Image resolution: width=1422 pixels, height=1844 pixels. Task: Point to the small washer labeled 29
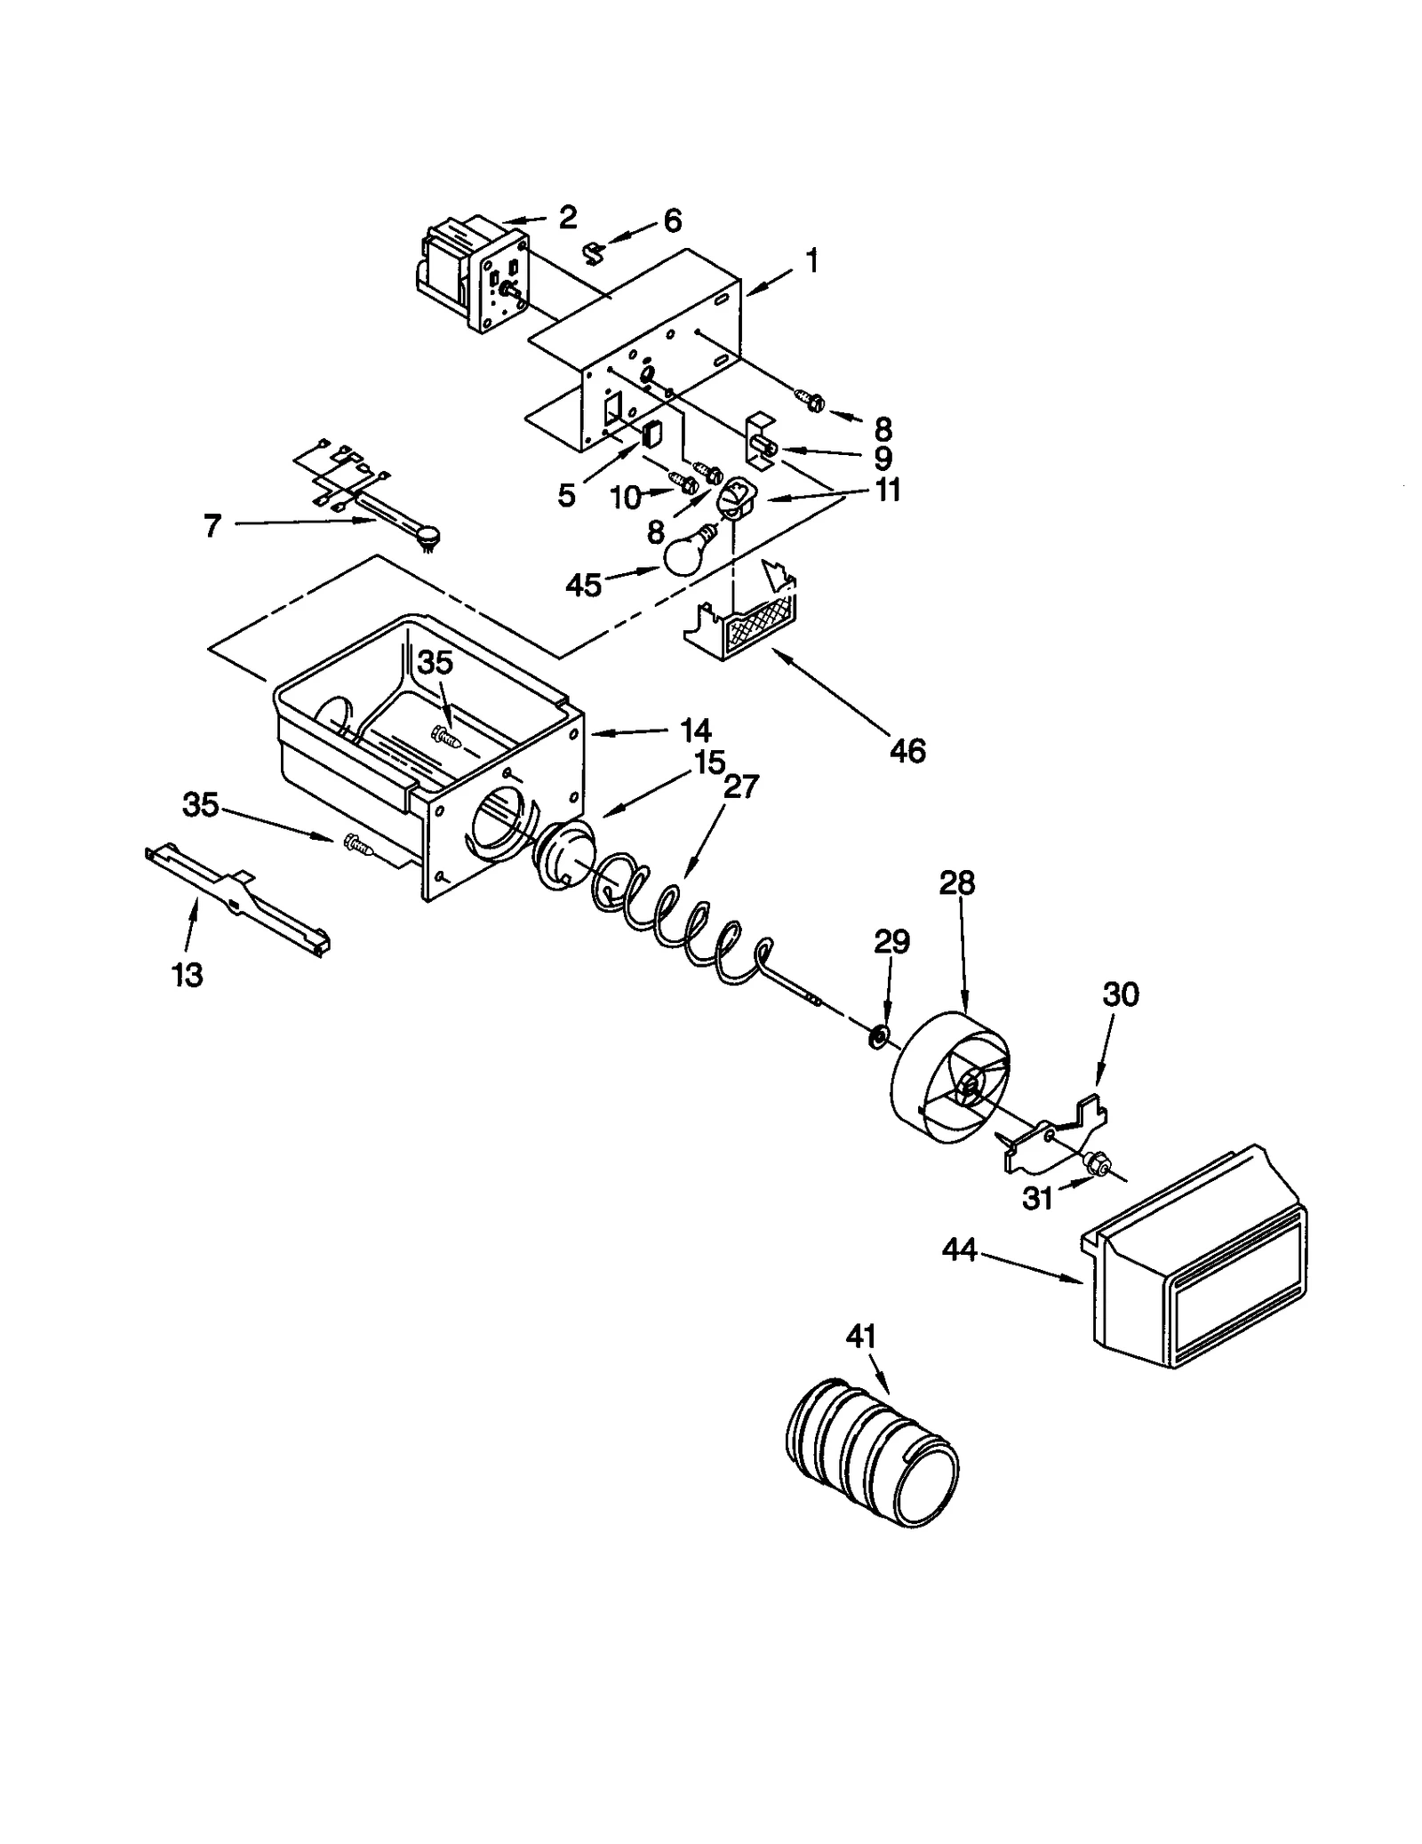879,1035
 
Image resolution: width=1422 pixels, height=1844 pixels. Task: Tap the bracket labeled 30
1058,1138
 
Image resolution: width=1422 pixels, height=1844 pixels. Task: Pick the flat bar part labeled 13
238,898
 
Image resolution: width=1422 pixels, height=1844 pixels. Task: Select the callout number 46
907,751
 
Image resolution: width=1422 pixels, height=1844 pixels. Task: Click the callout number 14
695,730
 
